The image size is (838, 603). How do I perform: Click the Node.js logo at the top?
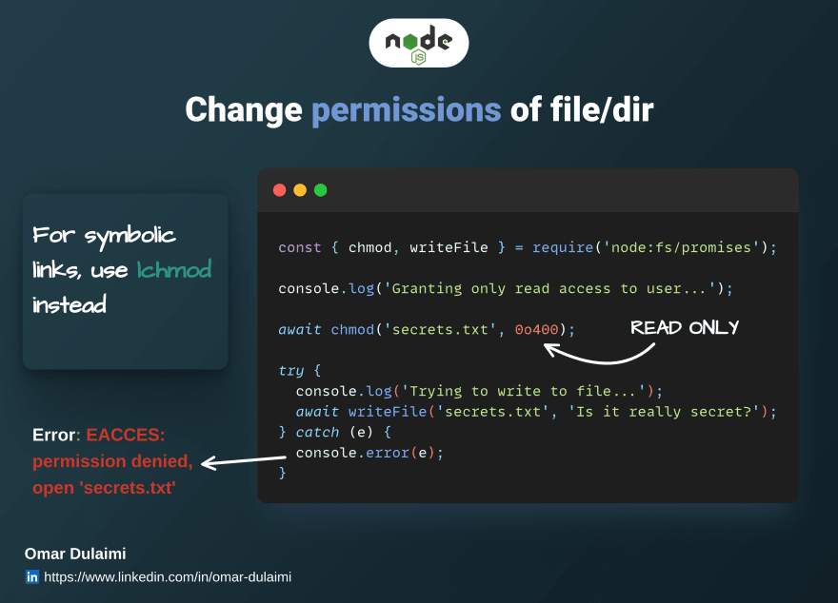418,43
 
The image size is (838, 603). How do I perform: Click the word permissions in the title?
407,110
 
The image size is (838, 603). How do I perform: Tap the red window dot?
280,190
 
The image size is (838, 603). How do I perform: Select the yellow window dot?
300,190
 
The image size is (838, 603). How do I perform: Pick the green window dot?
321,190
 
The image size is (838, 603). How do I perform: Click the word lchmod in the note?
174,269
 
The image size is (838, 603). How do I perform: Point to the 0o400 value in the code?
536,329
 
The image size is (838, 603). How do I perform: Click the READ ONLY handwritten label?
685,327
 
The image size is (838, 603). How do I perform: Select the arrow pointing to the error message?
244,460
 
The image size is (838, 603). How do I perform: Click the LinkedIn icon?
32,577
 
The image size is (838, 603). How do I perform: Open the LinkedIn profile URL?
168,577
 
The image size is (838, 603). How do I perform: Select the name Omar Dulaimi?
75,554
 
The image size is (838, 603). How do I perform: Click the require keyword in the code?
563,247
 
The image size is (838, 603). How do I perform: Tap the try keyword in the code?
291,371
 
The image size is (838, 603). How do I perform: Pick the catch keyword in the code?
317,432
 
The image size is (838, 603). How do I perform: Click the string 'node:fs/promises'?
682,247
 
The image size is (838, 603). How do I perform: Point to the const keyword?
300,247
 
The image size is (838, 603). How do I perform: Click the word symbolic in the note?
130,236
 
